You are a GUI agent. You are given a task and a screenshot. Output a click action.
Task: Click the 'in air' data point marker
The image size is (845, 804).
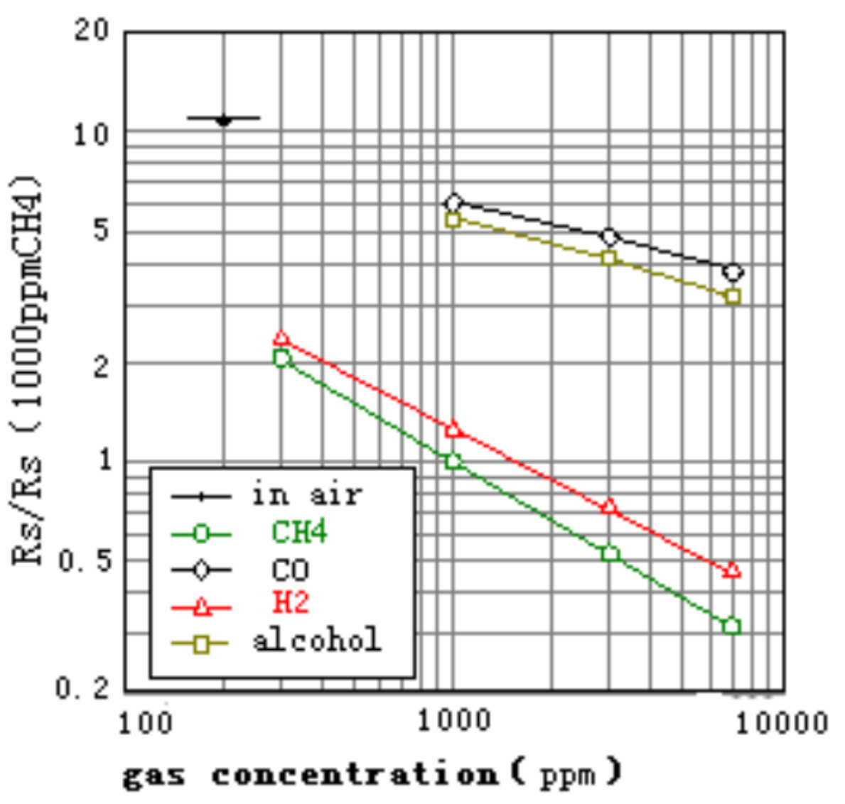point(224,119)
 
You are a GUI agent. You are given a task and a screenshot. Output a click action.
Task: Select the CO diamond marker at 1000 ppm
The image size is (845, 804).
point(453,204)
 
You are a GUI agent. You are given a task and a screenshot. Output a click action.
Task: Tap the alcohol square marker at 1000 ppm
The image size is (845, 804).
point(453,219)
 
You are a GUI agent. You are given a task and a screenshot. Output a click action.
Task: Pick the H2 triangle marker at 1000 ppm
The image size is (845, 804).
point(453,429)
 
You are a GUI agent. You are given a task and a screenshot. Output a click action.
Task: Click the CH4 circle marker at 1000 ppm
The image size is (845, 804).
point(453,462)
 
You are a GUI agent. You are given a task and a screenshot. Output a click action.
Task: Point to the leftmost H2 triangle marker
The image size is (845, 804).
point(281,338)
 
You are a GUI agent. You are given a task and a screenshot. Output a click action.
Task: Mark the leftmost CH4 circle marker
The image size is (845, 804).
point(281,359)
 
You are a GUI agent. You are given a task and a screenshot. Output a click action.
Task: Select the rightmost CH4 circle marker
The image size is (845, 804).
point(732,626)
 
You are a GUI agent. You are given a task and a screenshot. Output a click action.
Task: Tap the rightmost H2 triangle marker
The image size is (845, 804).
point(732,570)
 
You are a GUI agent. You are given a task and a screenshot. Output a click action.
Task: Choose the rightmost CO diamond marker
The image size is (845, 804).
point(733,272)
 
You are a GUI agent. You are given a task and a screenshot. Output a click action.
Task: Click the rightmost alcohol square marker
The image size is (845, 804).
point(733,296)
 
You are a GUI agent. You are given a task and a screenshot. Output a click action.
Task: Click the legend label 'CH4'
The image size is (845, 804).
point(299,532)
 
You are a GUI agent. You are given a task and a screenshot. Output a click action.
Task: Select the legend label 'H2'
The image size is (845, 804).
point(291,603)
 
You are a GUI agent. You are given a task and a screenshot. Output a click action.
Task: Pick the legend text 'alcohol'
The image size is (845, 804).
point(317,640)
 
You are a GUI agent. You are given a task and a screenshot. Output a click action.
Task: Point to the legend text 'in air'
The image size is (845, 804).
point(307,494)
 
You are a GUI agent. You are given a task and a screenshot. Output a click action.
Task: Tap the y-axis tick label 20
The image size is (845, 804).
point(92,30)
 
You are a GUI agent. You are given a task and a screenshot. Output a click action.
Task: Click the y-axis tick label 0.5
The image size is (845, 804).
point(85,561)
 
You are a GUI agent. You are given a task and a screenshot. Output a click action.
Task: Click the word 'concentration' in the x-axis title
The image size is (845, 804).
point(355,774)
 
